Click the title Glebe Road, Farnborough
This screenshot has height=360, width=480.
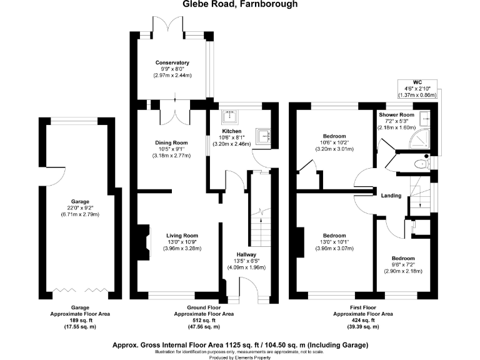tap(239, 4)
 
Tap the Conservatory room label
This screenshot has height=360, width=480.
tap(172, 63)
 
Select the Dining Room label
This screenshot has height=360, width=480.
tap(172, 142)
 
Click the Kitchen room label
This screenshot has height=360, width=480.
tap(232, 131)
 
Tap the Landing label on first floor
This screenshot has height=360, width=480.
tap(391, 196)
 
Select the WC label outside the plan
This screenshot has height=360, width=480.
tap(417, 82)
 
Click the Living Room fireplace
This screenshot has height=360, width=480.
tap(143, 239)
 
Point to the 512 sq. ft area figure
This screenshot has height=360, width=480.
tap(203, 321)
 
